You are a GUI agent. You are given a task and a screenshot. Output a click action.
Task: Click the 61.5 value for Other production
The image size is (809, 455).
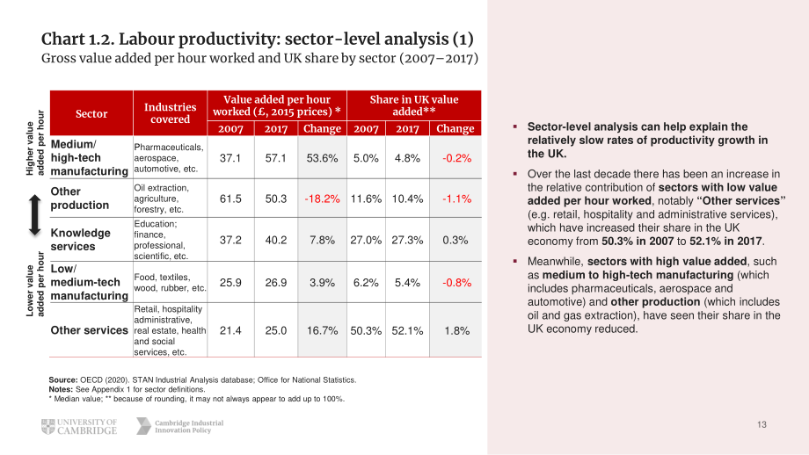click(230, 199)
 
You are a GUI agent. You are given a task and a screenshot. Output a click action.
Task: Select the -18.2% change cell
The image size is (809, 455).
click(322, 199)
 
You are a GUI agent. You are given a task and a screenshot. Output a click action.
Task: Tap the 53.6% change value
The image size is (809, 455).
click(322, 158)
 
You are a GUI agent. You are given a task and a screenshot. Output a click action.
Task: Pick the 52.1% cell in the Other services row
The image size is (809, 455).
click(407, 331)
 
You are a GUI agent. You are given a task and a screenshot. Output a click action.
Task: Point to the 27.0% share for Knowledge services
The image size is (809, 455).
click(366, 240)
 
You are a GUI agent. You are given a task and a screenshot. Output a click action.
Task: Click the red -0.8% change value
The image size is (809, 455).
click(456, 282)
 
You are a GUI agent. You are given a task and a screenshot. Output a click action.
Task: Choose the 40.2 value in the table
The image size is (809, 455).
click(275, 240)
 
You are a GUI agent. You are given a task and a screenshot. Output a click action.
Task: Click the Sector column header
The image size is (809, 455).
click(91, 113)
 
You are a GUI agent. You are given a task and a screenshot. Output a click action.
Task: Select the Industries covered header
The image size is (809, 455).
click(171, 113)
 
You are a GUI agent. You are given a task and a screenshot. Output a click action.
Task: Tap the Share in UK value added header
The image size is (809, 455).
click(414, 105)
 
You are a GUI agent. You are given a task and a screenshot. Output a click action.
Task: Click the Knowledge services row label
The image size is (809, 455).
click(81, 240)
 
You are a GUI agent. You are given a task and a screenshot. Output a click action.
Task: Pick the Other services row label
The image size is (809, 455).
click(90, 330)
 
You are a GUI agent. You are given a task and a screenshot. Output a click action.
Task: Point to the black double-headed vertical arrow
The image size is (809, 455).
click(34, 215)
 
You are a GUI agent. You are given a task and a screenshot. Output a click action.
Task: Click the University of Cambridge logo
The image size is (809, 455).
click(79, 427)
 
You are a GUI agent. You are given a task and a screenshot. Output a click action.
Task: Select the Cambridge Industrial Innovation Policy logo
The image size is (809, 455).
click(180, 426)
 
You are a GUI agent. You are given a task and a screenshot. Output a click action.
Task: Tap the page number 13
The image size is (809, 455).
click(762, 424)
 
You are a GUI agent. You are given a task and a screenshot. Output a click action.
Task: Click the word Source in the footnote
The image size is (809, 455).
click(63, 380)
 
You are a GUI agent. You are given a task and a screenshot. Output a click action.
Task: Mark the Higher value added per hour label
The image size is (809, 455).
click(35, 143)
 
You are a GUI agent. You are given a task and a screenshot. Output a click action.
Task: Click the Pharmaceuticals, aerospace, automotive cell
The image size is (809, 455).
click(169, 158)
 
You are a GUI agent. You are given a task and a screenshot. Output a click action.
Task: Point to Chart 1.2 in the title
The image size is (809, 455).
click(77, 40)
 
